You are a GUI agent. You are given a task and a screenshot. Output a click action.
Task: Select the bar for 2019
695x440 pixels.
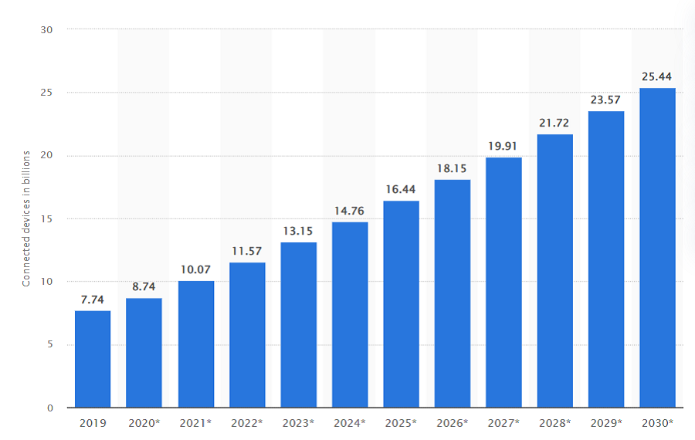coord(93,359)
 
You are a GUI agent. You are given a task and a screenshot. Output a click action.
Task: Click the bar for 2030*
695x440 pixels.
coord(657,248)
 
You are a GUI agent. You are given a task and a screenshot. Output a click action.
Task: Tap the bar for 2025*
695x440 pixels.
coord(401,304)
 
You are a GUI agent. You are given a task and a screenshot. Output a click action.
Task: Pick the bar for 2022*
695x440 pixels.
coord(247,335)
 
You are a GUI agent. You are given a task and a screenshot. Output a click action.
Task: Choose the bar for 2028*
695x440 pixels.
coord(554,271)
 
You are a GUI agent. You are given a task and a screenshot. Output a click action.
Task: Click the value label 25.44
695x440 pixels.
coord(657,76)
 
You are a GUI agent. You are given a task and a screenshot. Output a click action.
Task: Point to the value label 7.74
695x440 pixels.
coord(93,299)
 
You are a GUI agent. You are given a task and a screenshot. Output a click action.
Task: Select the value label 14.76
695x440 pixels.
coord(350,210)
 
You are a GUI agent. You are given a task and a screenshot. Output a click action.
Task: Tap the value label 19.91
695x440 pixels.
coord(503,145)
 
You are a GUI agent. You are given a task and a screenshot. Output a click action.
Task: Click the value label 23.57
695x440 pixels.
coord(606,100)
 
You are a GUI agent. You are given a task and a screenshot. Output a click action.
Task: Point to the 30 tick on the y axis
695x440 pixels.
coord(47,29)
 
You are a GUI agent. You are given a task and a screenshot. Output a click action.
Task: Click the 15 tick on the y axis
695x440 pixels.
coord(47,218)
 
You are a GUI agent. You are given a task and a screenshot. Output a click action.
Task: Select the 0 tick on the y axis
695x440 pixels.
coord(50,408)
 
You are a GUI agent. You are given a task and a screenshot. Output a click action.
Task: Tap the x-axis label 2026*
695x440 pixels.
coord(453,423)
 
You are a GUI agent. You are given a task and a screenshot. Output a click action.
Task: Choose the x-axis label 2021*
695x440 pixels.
coord(196,423)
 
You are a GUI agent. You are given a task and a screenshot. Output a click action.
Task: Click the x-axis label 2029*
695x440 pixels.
coord(606,423)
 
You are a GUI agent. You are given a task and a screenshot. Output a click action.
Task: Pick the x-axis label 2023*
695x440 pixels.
coord(299,423)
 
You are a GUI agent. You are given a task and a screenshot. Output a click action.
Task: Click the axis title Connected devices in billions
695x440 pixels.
coord(26,218)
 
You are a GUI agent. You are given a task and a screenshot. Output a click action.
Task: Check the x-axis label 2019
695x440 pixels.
coord(93,423)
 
